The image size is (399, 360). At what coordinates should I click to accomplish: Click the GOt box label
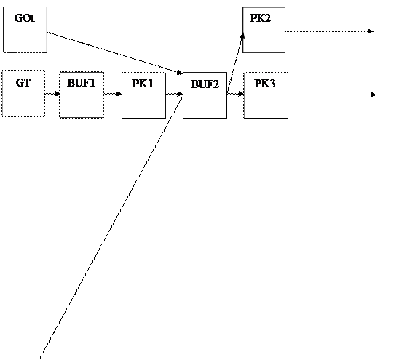point(25,18)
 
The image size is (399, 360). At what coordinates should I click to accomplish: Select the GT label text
point(23,83)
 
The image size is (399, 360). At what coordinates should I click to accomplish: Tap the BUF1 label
point(81,83)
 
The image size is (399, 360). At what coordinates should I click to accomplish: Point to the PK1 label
point(143,84)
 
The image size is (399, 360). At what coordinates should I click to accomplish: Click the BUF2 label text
point(205,84)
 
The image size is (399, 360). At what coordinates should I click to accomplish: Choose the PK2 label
point(261,17)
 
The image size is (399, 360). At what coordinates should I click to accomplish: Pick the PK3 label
point(265,84)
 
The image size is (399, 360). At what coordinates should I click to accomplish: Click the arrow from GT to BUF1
point(52,94)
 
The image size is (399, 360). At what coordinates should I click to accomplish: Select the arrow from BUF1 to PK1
point(112,94)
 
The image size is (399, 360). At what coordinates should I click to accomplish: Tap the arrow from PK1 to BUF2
point(174,94)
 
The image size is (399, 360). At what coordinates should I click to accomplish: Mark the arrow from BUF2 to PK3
point(235,94)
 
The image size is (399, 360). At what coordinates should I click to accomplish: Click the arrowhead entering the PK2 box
point(242,36)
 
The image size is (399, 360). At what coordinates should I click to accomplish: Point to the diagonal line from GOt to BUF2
point(115,53)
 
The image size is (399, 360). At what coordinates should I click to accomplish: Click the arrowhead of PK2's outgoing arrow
point(371,31)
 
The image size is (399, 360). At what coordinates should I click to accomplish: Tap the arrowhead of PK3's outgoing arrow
point(373,95)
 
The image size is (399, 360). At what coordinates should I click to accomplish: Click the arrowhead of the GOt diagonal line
point(179,73)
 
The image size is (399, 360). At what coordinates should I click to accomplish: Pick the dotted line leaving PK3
point(332,95)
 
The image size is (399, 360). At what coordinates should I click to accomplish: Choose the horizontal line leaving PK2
point(330,31)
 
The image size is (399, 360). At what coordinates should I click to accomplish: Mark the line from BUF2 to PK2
point(236,62)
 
